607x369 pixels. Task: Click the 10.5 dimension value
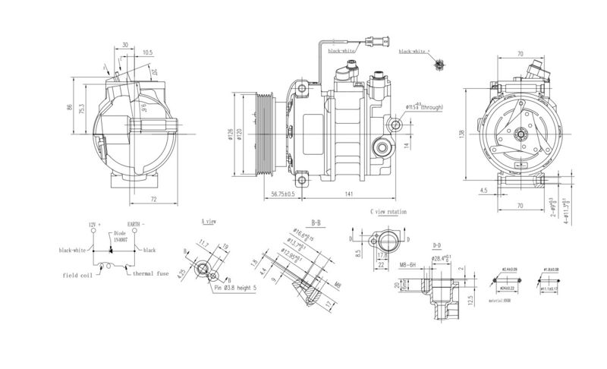point(147,53)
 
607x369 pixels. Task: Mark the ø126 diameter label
point(228,136)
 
